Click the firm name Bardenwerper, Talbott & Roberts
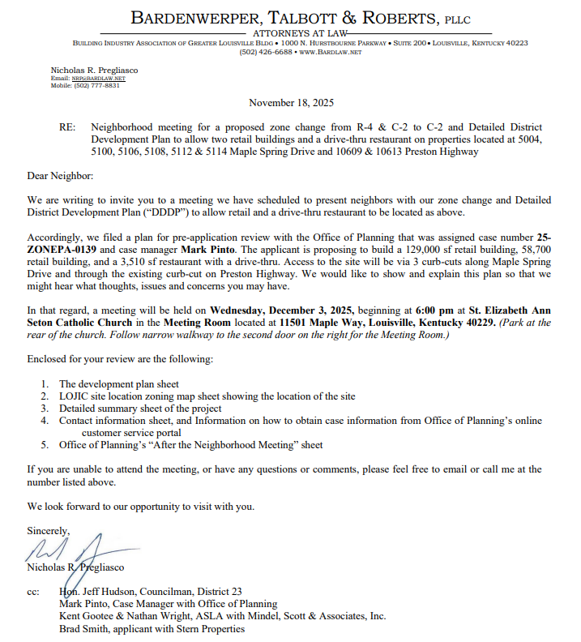point(288,18)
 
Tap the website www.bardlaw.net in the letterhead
point(331,52)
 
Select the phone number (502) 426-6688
point(266,52)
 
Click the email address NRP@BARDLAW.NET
point(92,79)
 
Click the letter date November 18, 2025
point(290,103)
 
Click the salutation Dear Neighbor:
point(60,176)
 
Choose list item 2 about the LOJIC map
point(207,396)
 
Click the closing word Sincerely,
point(49,530)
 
